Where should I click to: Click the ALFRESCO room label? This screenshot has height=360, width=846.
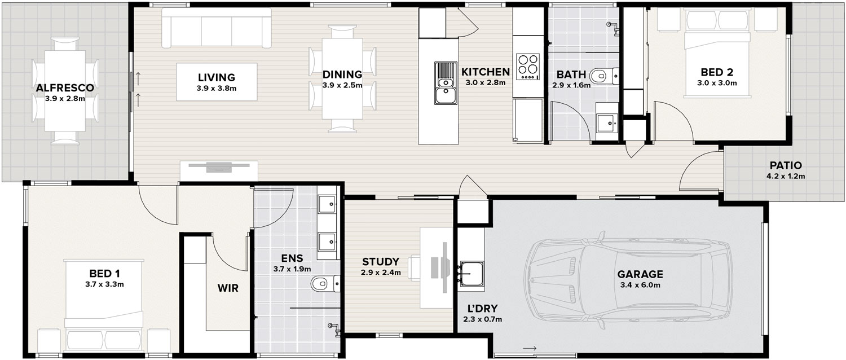[x=65, y=88]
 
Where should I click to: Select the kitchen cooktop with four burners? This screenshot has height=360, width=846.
[x=527, y=67]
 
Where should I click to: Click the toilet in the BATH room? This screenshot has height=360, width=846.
[x=603, y=76]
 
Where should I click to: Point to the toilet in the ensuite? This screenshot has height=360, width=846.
[x=325, y=284]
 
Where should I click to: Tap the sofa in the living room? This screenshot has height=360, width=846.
[x=217, y=28]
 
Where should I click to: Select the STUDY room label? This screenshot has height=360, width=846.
[x=380, y=262]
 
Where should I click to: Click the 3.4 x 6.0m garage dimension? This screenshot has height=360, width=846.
[x=640, y=285]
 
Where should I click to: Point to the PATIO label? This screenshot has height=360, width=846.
[x=786, y=165]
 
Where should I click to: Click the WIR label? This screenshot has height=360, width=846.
[x=228, y=288]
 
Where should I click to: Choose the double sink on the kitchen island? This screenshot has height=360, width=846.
[x=446, y=83]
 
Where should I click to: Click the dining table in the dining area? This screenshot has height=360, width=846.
[x=342, y=78]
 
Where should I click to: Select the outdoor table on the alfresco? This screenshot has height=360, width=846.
[x=65, y=91]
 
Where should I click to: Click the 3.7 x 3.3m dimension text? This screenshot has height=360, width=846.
[x=104, y=284]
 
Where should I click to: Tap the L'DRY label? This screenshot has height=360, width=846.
[x=482, y=309]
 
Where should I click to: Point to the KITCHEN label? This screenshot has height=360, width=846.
[x=485, y=72]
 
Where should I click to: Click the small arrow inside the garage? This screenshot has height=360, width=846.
[x=530, y=348]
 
